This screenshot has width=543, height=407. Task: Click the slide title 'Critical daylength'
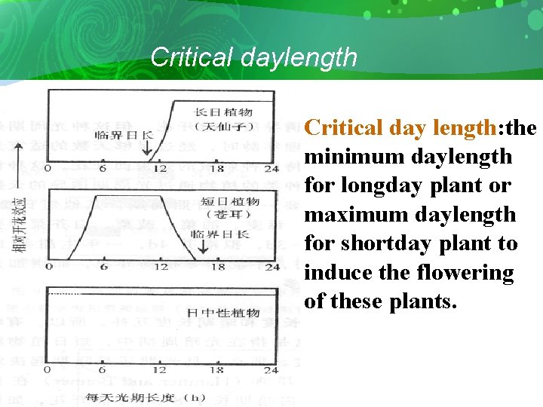click(253, 57)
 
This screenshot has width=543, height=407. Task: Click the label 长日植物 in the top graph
click(223, 112)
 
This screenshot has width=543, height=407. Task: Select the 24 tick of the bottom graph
click(271, 370)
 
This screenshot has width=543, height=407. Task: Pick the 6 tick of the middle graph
click(103, 266)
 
